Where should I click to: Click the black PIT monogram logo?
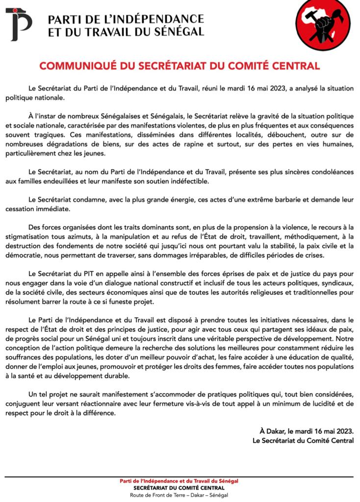[x=18, y=24]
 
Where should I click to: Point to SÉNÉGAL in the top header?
[x=179, y=32]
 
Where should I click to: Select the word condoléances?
[x=328, y=173]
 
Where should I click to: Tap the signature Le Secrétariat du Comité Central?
[x=302, y=441]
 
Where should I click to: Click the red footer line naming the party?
[x=179, y=481]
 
